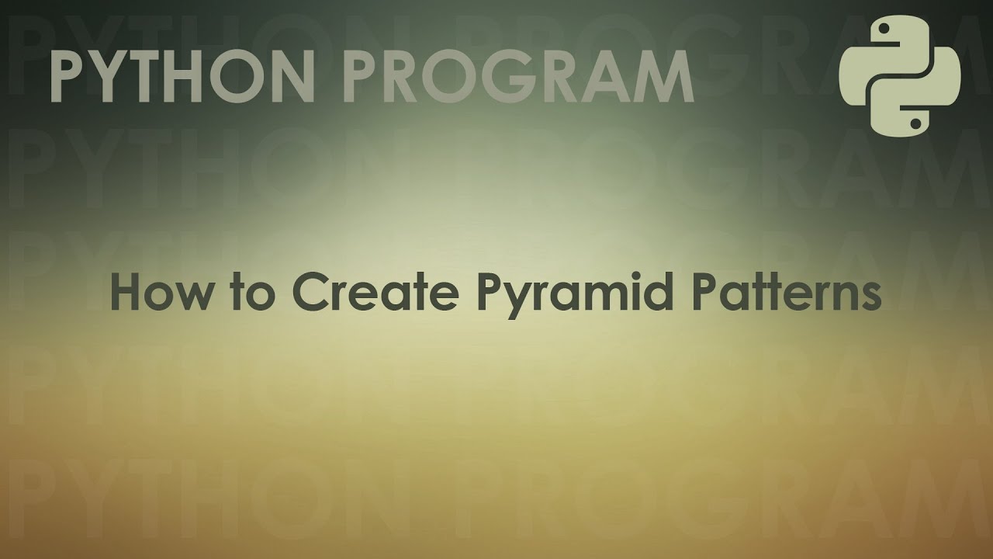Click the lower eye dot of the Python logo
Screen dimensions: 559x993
tap(916, 122)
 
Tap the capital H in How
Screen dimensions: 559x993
tap(126, 293)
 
